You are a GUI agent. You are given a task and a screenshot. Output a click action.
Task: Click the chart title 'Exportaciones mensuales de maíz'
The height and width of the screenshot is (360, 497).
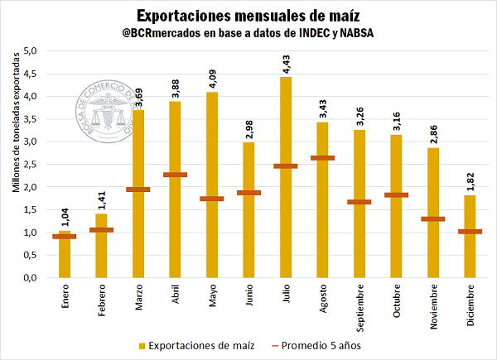coord(248,15)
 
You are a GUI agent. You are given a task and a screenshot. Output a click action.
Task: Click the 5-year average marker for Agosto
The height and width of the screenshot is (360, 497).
coord(322,157)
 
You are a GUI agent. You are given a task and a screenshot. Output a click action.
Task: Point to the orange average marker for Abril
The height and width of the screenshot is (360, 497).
coord(175,175)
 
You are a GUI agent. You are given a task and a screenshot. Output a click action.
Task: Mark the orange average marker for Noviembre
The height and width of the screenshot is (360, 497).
coord(433,218)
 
